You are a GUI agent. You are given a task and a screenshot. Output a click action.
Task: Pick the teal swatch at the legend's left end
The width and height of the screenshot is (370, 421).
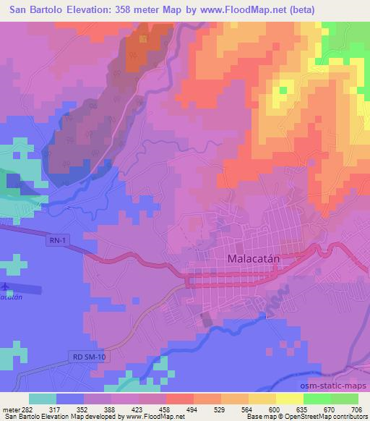click(x=43, y=399)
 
